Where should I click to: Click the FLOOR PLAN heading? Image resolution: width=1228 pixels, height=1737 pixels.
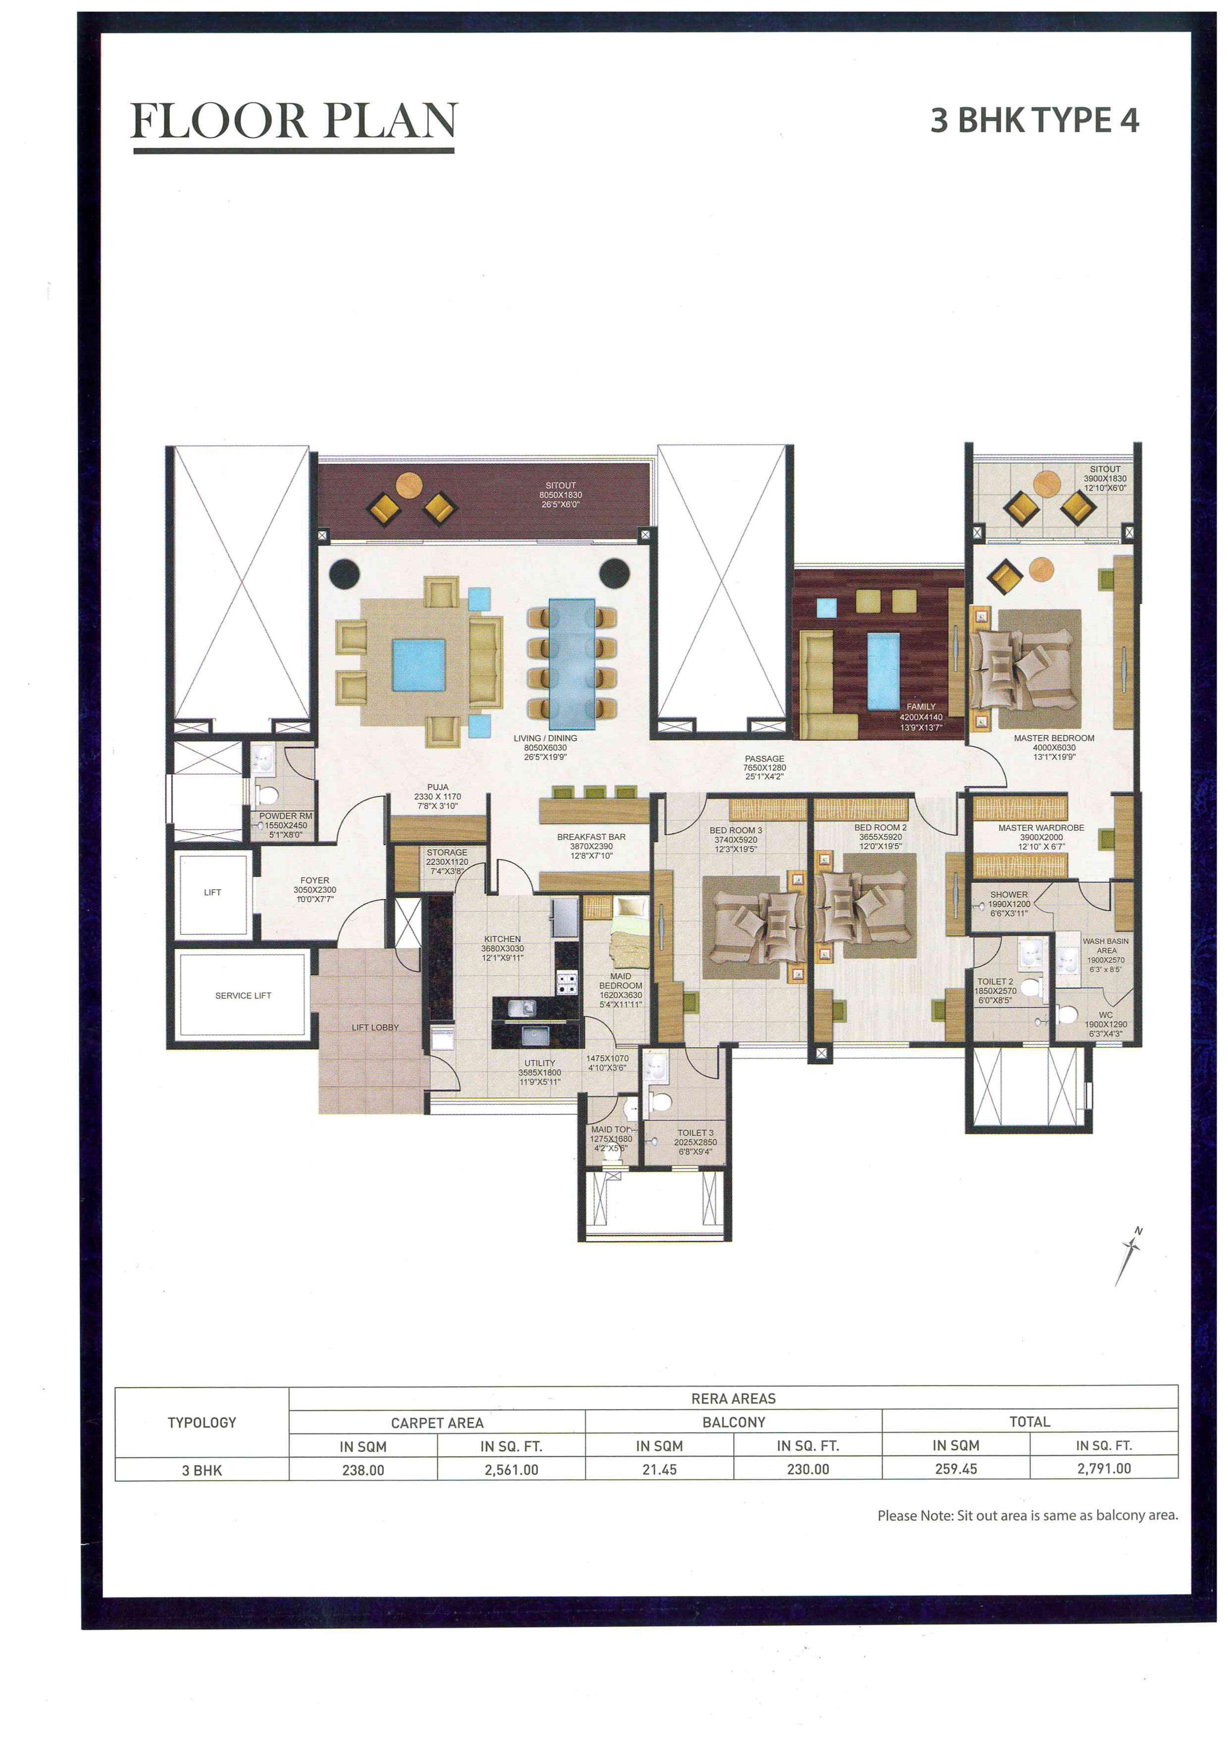(294, 121)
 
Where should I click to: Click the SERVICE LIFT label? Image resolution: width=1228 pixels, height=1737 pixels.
(243, 996)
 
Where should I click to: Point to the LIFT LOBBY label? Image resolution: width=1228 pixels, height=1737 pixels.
(374, 1027)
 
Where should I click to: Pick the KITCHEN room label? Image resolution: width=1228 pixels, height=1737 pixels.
(503, 939)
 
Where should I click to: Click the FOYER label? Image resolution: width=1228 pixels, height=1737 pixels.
(315, 880)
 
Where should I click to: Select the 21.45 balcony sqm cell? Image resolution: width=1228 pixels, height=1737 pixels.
(659, 1470)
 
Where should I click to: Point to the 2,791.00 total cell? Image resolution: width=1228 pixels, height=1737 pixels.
(1103, 1469)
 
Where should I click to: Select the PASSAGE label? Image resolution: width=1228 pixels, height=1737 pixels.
(764, 759)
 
